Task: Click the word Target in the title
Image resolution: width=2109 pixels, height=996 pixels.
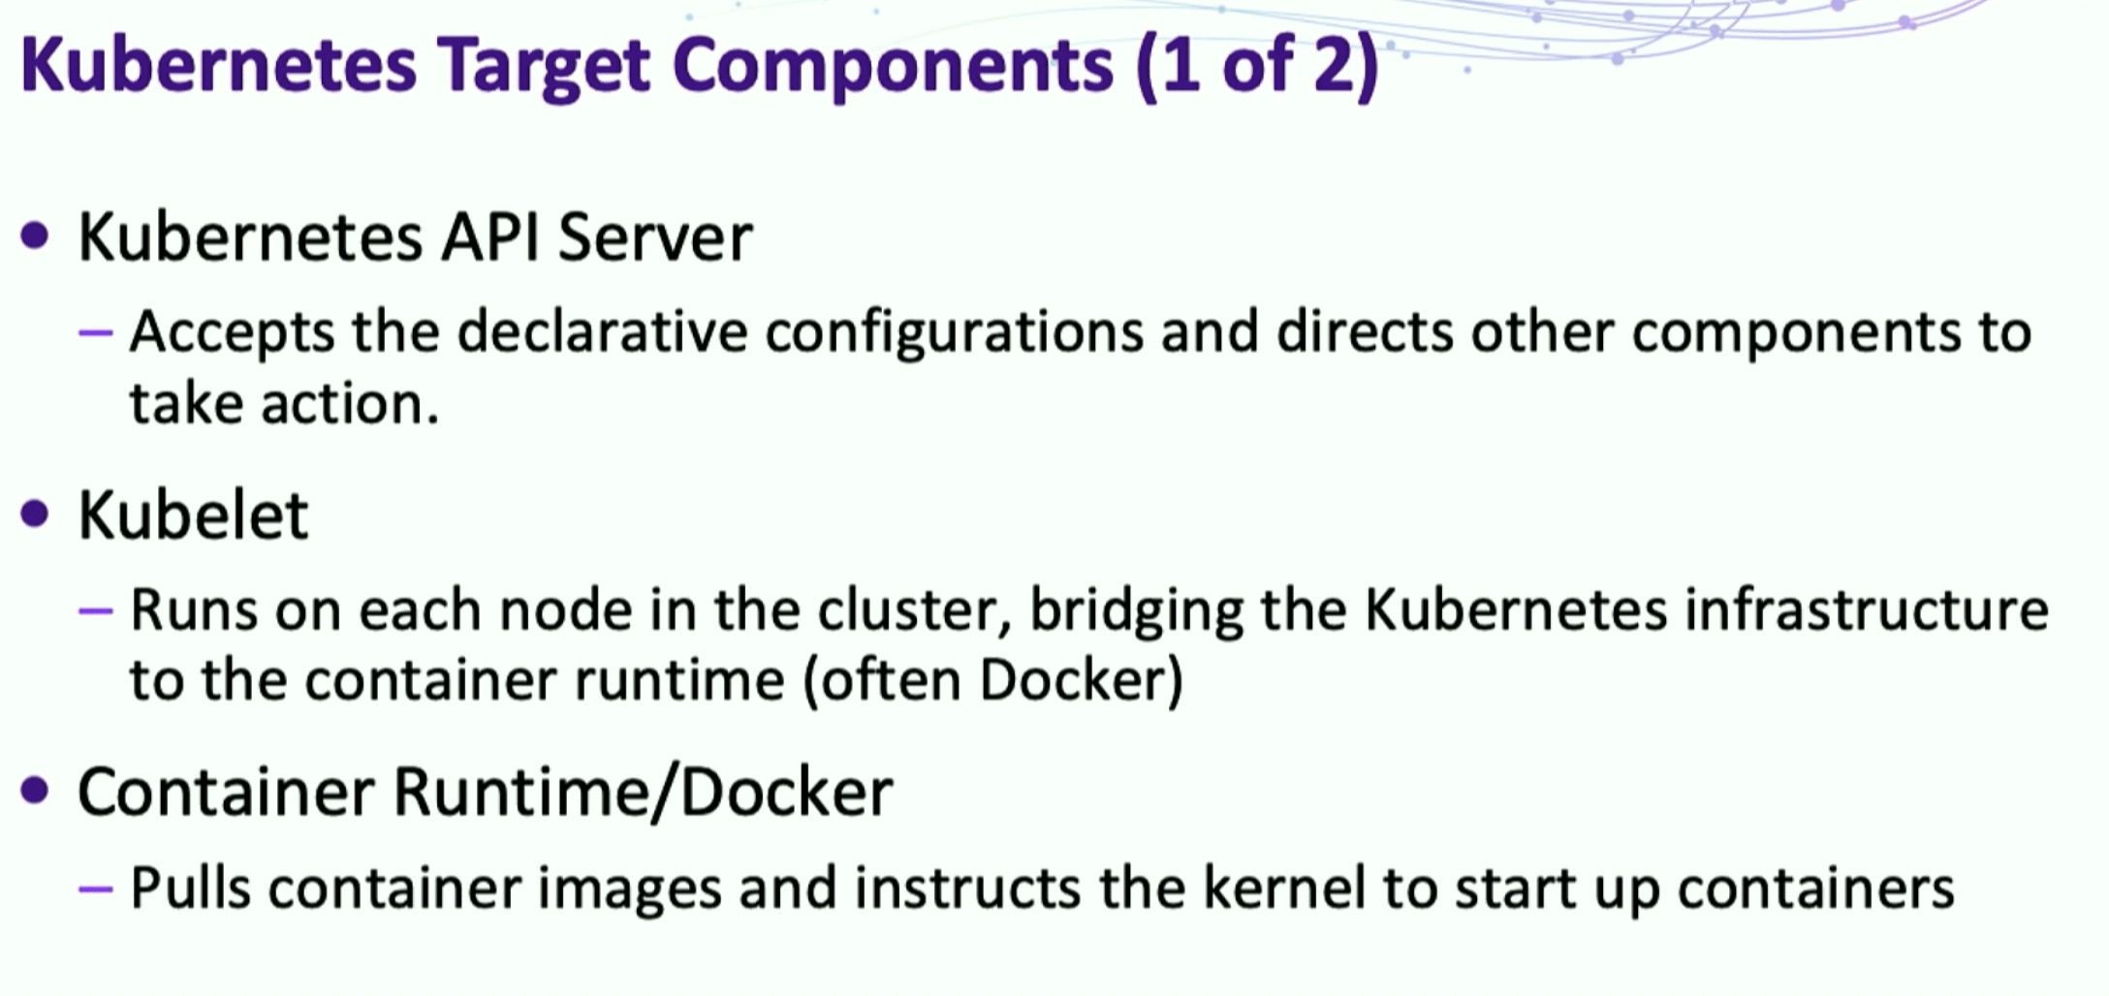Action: (x=543, y=66)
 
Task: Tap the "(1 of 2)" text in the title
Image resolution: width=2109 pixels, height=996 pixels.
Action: (x=1256, y=66)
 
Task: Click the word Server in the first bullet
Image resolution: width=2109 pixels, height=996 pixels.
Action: (x=655, y=237)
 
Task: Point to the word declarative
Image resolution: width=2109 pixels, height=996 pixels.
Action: (x=602, y=332)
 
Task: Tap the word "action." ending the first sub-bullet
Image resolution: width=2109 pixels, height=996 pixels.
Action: (x=350, y=403)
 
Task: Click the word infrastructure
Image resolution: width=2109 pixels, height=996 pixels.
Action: (x=1866, y=610)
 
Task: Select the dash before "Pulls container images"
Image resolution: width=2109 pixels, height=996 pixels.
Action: (x=96, y=887)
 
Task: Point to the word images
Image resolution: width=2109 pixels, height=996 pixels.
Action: (x=629, y=887)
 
